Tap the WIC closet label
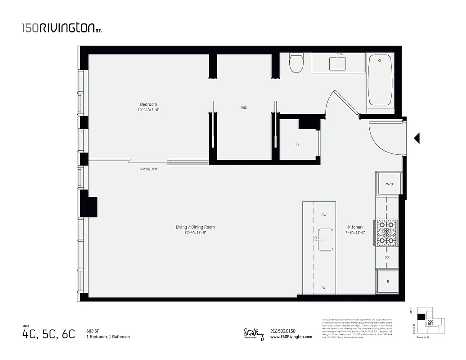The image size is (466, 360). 244,108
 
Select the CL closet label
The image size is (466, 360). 298,145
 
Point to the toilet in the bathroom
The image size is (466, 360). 296,63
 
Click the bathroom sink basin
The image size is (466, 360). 337,63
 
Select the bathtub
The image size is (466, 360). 381,80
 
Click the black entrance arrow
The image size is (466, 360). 417,138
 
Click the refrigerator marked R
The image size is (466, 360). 388,282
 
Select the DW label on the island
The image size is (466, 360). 323,215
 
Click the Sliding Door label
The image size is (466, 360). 148,169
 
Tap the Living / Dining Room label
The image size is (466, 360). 195,227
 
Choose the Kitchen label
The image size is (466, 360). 355,227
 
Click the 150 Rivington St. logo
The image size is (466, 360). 62,28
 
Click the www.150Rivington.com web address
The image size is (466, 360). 291,337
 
